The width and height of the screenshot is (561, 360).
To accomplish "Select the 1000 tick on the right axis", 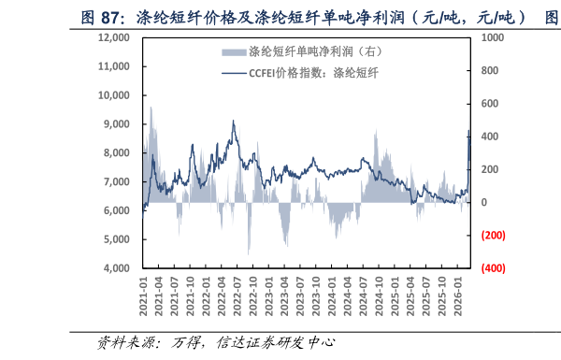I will click(x=492, y=37).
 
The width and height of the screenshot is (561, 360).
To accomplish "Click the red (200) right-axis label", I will click(x=493, y=236).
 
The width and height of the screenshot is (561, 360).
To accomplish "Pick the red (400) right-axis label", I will click(x=493, y=268).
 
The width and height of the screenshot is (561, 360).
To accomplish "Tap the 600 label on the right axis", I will click(x=489, y=104).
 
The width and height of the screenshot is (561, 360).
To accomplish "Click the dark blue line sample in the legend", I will click(x=235, y=71).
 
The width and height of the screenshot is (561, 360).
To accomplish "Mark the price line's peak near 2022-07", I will click(x=233, y=122).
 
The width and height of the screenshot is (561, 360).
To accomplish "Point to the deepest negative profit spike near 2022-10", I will click(x=248, y=253).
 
